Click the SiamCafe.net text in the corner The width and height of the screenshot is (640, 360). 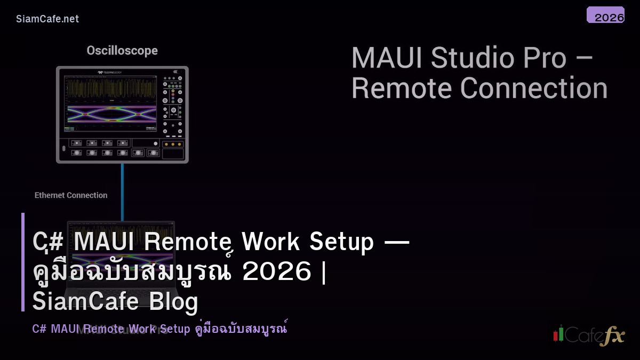point(47,19)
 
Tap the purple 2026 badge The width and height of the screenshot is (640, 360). point(605,15)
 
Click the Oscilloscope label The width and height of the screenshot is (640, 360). point(122,51)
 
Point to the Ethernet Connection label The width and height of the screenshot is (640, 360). point(71,195)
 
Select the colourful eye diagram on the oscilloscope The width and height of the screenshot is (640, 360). point(111,113)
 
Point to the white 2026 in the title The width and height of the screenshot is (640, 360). point(276,273)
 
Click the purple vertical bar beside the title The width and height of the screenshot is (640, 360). point(23,262)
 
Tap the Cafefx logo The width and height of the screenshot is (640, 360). point(589,335)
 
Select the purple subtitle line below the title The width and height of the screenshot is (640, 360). point(159,329)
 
